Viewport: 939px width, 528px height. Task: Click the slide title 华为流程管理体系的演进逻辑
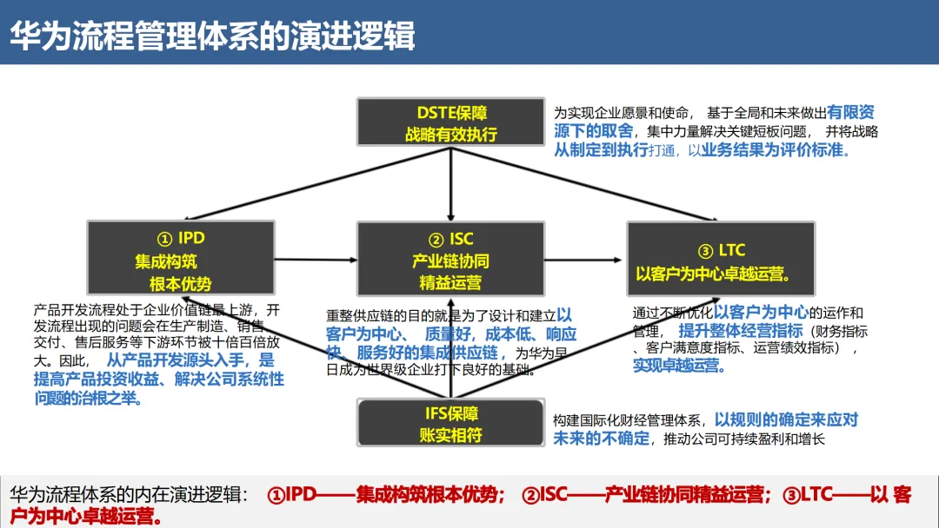coord(213,36)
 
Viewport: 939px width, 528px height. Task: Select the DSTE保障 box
coord(450,122)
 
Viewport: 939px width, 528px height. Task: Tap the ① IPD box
coord(180,258)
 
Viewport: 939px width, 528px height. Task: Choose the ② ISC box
coord(450,258)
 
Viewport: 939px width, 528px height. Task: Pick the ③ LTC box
coord(721,258)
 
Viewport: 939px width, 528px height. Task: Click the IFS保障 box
coord(450,423)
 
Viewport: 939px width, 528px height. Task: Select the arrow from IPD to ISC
coord(316,259)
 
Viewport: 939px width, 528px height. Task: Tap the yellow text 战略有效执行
coord(450,134)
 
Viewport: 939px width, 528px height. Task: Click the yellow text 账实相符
coord(450,434)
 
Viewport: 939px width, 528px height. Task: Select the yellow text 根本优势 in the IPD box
coord(180,283)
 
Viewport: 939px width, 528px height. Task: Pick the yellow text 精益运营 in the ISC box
coord(450,283)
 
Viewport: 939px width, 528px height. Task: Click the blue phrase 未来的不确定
coord(601,438)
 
